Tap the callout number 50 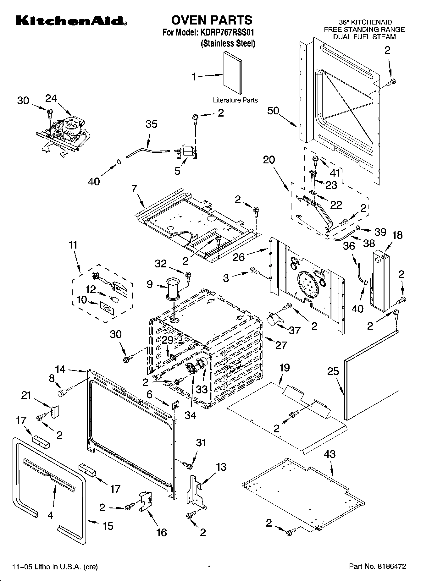pos(273,111)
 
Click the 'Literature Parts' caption pos(235,101)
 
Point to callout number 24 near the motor pos(51,99)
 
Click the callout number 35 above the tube pos(151,124)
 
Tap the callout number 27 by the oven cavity pos(281,345)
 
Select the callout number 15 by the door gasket pos(108,526)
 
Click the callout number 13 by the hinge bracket pos(221,467)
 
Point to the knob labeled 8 pos(63,393)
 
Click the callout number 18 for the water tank pos(397,235)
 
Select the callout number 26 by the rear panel pos(239,257)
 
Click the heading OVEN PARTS pos(211,20)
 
